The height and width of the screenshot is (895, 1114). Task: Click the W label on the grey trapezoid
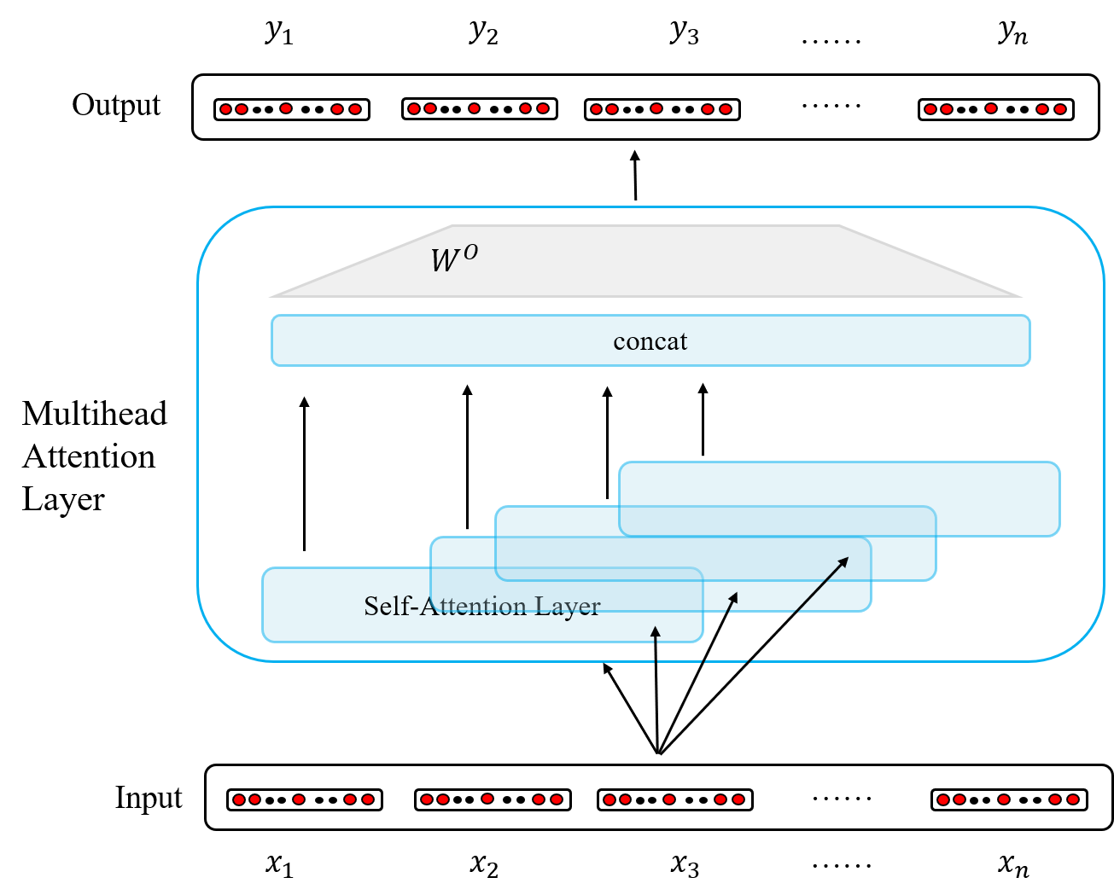coord(445,261)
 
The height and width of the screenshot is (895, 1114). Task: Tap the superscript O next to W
coord(470,252)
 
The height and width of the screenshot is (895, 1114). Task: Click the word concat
coord(650,341)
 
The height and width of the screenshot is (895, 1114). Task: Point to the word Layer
coord(568,606)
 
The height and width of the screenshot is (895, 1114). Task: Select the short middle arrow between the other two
coord(732,599)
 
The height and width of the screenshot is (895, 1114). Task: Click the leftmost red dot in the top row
coord(226,109)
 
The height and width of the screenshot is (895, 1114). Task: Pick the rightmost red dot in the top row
coord(1060,109)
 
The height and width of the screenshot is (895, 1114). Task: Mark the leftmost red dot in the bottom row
coord(239,799)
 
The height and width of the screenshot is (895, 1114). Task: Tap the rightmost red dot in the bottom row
coord(1073,799)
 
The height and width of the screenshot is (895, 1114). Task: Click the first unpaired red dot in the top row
coord(286,108)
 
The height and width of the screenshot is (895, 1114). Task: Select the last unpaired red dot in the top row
coord(991,108)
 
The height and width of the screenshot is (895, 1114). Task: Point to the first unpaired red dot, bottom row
coord(299,799)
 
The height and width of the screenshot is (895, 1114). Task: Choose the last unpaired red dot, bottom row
coord(1004,799)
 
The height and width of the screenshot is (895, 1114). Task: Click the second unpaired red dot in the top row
coord(475,108)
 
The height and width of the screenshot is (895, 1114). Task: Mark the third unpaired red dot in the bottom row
coord(669,799)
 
